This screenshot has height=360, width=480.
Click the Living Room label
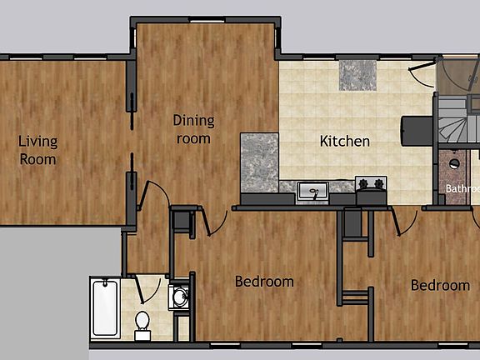(38, 150)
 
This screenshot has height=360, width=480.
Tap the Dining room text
(193, 129)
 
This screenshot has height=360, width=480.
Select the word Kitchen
(345, 141)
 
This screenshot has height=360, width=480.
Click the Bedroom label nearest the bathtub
(264, 282)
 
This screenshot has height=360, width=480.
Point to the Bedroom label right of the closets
(440, 285)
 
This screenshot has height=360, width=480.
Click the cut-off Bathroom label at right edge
(462, 188)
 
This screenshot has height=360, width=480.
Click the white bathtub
(105, 307)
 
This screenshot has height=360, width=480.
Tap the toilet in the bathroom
(142, 321)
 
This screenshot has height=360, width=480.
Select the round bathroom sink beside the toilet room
(179, 297)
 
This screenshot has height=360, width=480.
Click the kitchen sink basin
(312, 192)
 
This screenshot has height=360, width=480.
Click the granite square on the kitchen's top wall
(357, 76)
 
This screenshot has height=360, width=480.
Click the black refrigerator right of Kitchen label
(417, 130)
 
